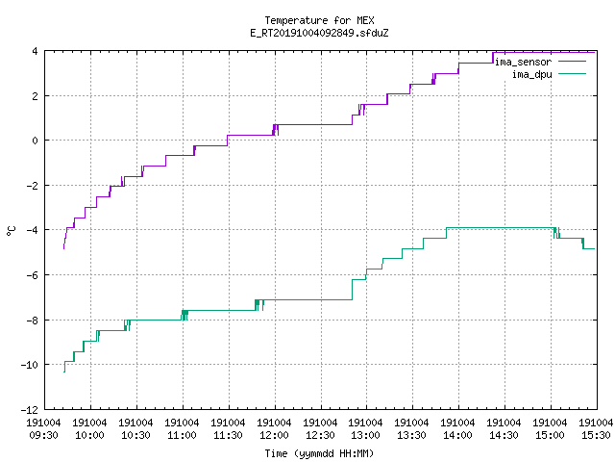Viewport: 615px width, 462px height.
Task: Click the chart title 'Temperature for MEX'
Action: tap(319, 20)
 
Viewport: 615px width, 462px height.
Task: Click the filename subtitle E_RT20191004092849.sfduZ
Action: tap(319, 33)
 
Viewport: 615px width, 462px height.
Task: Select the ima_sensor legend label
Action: tap(523, 62)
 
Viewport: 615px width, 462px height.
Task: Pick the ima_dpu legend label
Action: tap(531, 74)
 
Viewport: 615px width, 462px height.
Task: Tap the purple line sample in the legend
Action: tap(572, 62)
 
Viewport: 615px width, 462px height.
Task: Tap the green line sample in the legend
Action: tap(572, 73)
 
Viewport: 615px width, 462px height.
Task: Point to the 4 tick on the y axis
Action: tap(36, 51)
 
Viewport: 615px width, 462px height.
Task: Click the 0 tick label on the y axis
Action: tap(36, 141)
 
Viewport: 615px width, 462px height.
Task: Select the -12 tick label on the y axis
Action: tap(30, 410)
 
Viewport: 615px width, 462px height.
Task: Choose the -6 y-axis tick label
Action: tap(33, 275)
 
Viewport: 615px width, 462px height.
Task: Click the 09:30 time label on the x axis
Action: tap(43, 435)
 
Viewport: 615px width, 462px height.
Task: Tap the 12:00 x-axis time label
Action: tap(274, 435)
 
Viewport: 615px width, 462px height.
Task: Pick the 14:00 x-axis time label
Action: tap(457, 435)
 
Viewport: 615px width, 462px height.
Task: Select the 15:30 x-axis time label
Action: tap(596, 435)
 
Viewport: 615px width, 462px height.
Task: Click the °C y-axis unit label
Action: tap(11, 231)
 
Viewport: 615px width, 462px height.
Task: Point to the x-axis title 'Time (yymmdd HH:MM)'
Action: tap(319, 453)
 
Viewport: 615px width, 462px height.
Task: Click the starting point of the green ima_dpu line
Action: tap(64, 372)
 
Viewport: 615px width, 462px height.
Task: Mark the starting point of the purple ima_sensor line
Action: tap(64, 248)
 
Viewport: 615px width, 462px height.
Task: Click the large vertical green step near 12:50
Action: tap(353, 290)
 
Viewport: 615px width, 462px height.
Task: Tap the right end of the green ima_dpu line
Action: tap(595, 248)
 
